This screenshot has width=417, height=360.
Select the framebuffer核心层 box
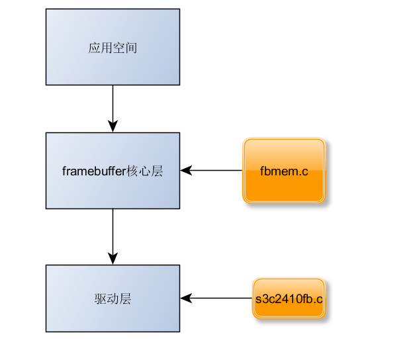(x=113, y=189)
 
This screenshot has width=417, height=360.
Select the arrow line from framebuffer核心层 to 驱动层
(x=113, y=232)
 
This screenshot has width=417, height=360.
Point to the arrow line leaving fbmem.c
(x=215, y=171)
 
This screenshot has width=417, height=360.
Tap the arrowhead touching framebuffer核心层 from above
(x=113, y=126)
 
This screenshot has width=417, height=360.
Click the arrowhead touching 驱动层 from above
(x=113, y=259)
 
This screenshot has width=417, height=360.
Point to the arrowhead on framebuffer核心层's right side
(x=186, y=171)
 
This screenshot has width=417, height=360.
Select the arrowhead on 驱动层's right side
(x=186, y=298)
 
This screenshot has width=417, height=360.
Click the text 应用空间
(x=113, y=48)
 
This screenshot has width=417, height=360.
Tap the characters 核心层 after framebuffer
(x=144, y=171)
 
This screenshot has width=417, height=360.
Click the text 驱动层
(x=113, y=298)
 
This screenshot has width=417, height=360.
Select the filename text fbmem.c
(x=284, y=171)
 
